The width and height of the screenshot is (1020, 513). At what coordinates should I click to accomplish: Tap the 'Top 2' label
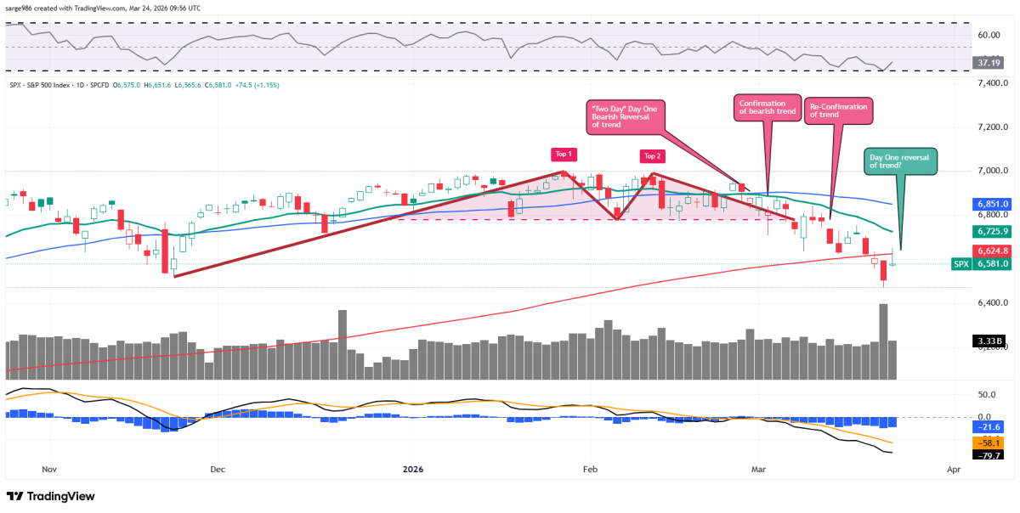point(652,155)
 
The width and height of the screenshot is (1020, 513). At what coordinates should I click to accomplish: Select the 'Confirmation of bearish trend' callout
point(768,109)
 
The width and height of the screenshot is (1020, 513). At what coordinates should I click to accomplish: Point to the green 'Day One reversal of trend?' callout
point(900,161)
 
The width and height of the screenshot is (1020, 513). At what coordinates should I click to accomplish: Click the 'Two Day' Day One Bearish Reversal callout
point(624,116)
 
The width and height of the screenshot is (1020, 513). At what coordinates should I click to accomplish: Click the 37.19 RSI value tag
point(988,62)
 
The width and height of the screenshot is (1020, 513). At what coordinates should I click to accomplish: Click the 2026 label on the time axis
point(413,469)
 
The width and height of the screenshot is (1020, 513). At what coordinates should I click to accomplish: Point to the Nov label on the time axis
point(48,469)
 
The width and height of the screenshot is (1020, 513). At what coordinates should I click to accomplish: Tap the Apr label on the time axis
point(953,469)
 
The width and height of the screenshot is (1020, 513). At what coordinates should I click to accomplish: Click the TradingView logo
point(51,496)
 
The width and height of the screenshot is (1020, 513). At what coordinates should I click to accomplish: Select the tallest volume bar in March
point(883,341)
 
